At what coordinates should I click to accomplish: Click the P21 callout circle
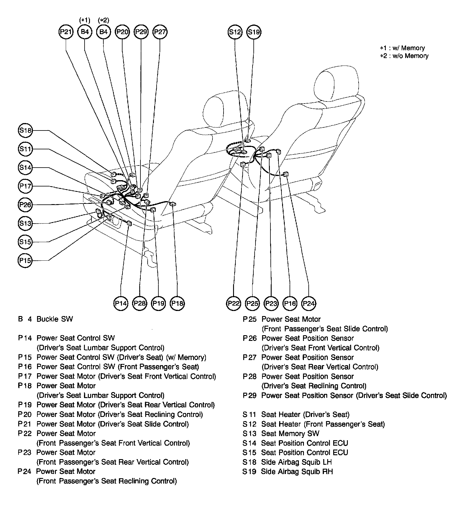(x=66, y=32)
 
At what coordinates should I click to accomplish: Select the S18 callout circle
(x=25, y=130)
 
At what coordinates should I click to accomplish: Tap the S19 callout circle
(x=254, y=32)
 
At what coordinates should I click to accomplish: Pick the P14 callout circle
(x=121, y=303)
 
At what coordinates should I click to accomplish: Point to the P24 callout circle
(x=309, y=303)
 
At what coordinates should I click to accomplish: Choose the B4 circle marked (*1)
(x=85, y=32)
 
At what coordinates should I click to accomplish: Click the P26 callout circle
(x=25, y=205)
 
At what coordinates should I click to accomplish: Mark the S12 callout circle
(x=235, y=32)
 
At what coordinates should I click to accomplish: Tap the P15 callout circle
(x=25, y=260)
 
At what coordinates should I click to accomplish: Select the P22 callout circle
(x=234, y=303)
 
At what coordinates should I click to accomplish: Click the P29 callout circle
(x=141, y=32)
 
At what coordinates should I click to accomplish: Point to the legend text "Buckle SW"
(x=55, y=319)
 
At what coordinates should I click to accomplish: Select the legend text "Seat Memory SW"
(x=290, y=433)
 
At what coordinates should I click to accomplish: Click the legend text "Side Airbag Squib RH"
(x=297, y=472)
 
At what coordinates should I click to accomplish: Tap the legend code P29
(x=250, y=395)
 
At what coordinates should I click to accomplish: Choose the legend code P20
(x=25, y=415)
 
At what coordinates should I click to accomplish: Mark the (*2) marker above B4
(x=103, y=20)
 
